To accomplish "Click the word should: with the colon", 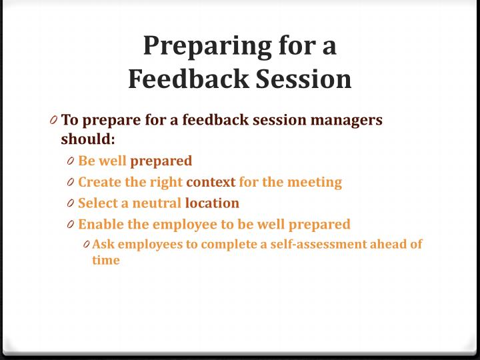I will pyautogui.click(x=88, y=139).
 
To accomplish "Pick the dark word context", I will pyautogui.click(x=211, y=182).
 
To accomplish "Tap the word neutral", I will pyautogui.click(x=157, y=203).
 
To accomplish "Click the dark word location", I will pyautogui.click(x=212, y=203).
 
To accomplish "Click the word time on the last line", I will pyautogui.click(x=106, y=260).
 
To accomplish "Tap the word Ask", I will pyautogui.click(x=103, y=244).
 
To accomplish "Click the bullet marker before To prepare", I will pyautogui.click(x=53, y=121).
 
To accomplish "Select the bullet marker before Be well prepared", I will pyautogui.click(x=71, y=161).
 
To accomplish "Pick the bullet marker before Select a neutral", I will pyautogui.click(x=71, y=203).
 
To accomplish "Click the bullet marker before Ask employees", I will pyautogui.click(x=87, y=245).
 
